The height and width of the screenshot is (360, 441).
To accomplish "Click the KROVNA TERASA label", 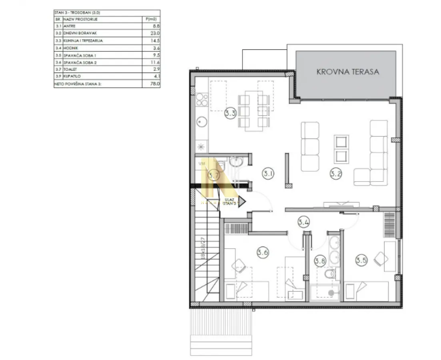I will [x=347, y=72].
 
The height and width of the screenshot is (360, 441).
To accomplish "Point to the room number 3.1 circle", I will [x=267, y=174].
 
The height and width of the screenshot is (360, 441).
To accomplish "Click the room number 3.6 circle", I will [x=262, y=252].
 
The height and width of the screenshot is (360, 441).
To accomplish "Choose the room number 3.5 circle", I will [x=361, y=261].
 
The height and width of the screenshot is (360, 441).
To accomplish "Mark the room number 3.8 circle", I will [x=320, y=261].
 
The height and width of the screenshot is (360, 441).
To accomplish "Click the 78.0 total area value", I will [x=155, y=84].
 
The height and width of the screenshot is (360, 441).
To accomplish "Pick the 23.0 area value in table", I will [x=155, y=34].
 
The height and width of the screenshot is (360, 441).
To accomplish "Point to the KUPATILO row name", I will [x=72, y=77].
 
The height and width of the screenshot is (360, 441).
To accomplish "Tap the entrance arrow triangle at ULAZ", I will [x=241, y=201].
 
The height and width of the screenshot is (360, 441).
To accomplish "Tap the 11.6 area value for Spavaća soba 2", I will [x=155, y=62].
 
